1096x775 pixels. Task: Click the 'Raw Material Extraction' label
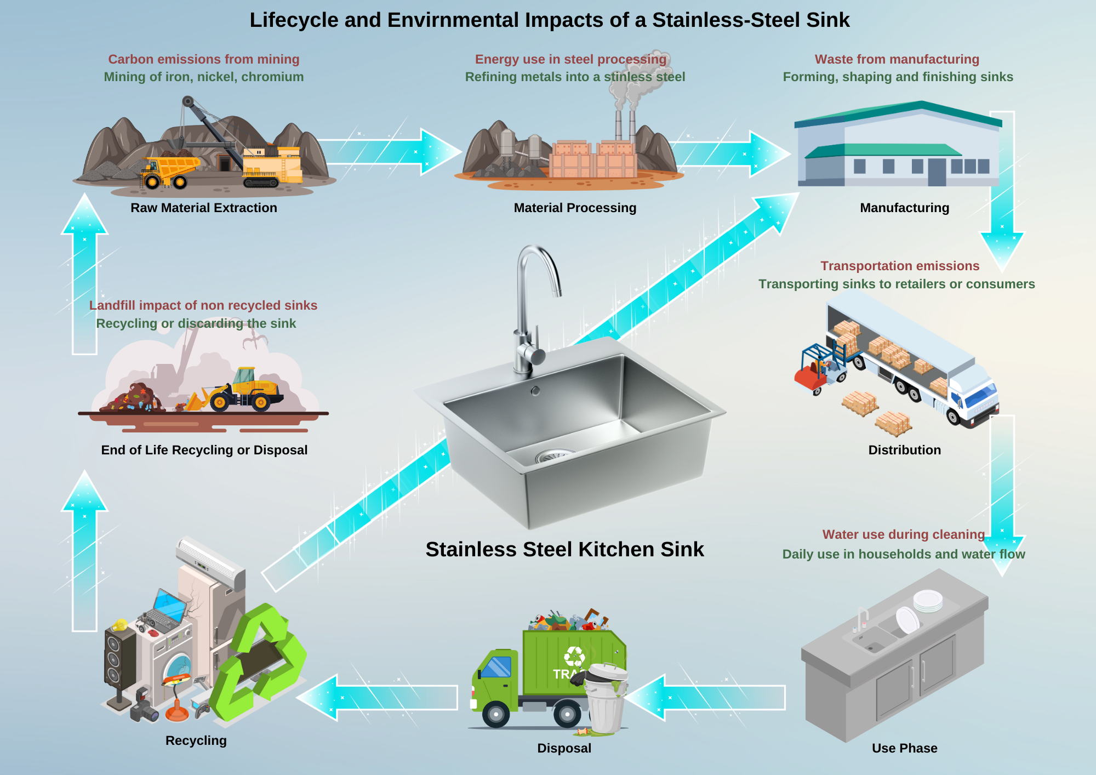[203, 208]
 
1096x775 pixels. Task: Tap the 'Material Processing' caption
[575, 208]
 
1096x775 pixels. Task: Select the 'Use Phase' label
[904, 748]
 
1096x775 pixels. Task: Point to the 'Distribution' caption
[904, 450]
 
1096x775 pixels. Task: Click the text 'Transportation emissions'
[899, 266]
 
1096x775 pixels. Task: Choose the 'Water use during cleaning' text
[903, 534]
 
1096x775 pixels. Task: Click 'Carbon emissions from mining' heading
[203, 59]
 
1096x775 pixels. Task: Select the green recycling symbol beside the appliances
[263, 663]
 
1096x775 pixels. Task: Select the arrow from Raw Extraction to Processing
[389, 151]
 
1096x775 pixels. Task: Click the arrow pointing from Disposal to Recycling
[378, 698]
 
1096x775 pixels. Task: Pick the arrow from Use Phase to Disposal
[707, 698]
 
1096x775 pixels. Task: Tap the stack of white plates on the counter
[928, 601]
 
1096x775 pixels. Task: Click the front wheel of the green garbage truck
[496, 714]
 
